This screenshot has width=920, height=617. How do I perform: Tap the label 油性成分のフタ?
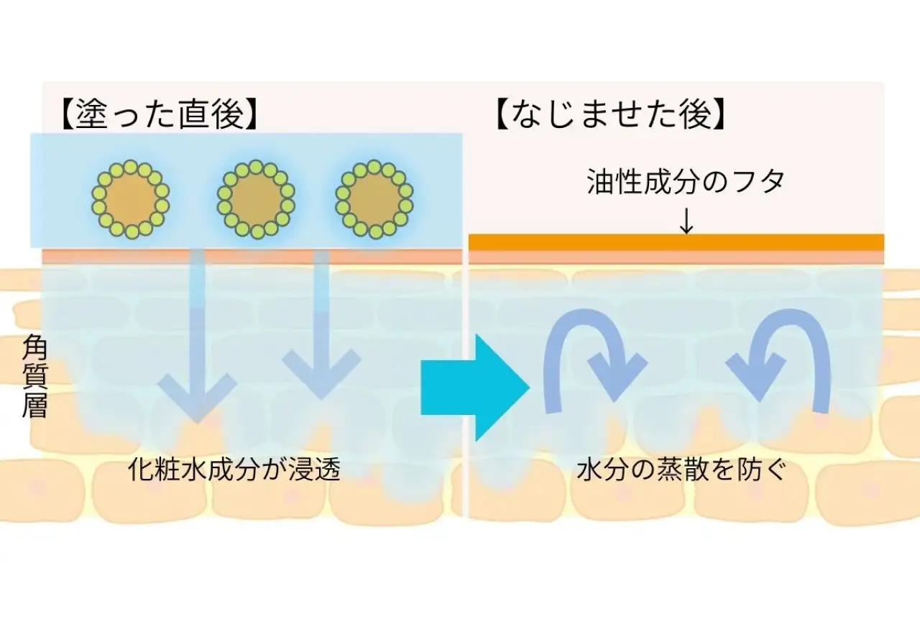[686, 182]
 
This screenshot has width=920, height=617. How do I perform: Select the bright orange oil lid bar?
[676, 242]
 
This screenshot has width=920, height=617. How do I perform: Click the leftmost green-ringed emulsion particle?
[130, 199]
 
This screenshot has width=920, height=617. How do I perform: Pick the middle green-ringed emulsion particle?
[256, 199]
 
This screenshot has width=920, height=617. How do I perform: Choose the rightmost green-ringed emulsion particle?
[374, 199]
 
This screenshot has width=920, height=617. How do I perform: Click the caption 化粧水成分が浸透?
[234, 471]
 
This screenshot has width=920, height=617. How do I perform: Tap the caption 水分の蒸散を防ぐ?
[683, 471]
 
